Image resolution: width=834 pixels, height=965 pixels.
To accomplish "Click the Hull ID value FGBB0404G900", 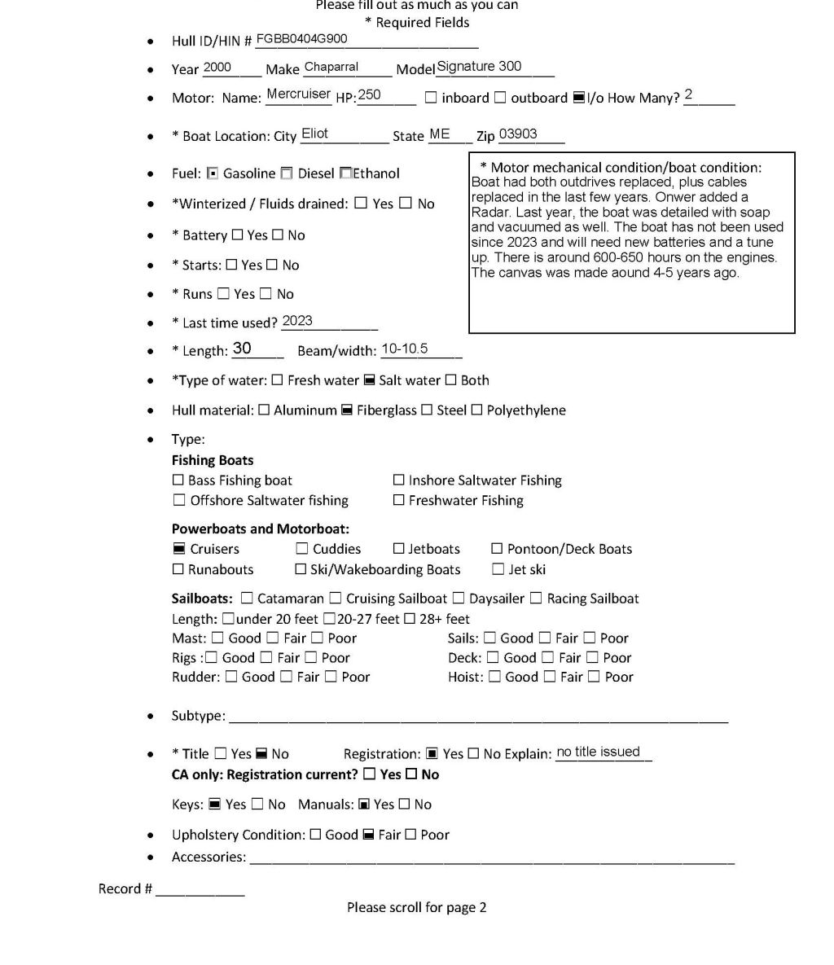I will coord(301,39).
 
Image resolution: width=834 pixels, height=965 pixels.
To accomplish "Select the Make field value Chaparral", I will coord(331,68).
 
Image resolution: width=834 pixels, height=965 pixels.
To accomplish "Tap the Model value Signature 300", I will coord(479,67).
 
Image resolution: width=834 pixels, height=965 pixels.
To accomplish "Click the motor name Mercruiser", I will coord(298,94).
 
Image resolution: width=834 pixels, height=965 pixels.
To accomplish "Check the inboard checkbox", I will coord(431,98).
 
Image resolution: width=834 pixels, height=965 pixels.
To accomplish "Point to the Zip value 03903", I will coord(518,134).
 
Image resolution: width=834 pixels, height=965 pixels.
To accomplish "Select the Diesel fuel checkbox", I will coord(287,173).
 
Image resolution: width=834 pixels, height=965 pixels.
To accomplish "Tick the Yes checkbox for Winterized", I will coord(361,204).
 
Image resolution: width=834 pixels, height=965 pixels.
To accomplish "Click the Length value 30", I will coord(242,349).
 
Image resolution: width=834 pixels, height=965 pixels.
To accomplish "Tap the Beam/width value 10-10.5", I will coord(404,349).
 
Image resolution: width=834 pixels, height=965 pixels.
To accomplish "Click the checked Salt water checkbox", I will coord(369,380).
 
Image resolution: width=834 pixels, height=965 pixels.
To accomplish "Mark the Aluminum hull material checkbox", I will coord(264,410).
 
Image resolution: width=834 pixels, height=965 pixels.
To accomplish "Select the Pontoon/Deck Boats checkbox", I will coord(497,549).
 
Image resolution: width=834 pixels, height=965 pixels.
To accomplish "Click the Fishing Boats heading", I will coord(213,460).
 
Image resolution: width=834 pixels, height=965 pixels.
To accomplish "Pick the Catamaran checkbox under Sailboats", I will coord(248,599).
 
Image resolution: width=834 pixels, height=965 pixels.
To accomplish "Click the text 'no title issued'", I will coord(598,752).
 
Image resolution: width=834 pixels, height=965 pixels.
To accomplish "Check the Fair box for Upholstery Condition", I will coord(368,835).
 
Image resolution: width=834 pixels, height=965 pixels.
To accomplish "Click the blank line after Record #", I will coord(200,889).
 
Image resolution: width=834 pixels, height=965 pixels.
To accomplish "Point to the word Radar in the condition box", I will coord(487,212).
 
